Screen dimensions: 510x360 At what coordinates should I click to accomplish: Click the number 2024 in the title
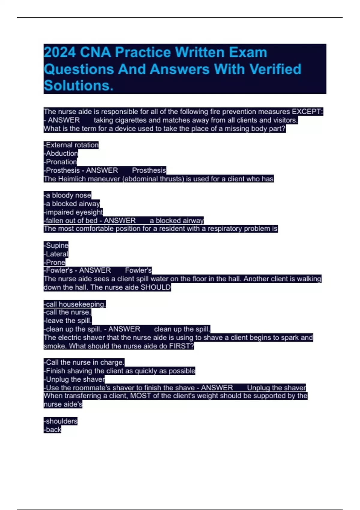point(60,52)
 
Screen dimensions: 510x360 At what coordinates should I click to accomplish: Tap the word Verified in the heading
point(275,69)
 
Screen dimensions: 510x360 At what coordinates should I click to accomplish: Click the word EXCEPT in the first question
point(306,112)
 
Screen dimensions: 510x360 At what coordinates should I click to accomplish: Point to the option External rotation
point(72,145)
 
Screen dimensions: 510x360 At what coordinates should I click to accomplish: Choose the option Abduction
point(61,154)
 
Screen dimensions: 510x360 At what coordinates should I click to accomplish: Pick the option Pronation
point(61,162)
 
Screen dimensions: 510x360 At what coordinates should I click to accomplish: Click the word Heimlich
point(74,179)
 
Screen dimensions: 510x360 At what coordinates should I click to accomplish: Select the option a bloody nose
point(68,195)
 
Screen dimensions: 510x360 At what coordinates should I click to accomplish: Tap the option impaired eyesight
point(74,212)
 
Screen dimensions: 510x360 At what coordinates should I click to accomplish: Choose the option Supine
point(57,245)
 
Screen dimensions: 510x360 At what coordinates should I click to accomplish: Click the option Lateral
point(57,254)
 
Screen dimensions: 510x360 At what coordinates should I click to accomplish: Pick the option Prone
point(55,262)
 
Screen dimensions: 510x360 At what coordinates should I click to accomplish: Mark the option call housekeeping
point(75,304)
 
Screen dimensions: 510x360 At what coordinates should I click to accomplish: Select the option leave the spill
point(68,321)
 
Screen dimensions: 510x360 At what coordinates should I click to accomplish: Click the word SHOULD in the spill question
point(155,287)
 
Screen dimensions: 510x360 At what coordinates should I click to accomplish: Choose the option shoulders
point(61,421)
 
